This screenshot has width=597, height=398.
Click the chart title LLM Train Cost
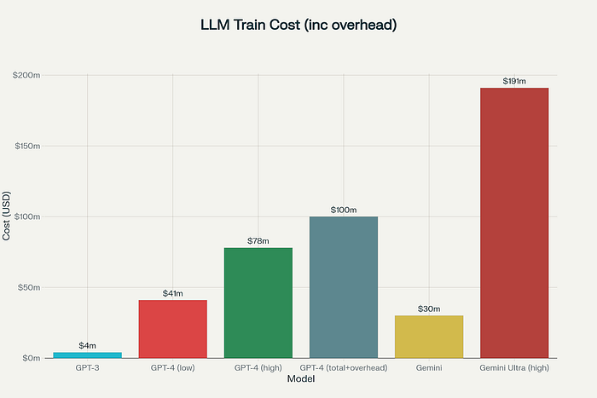(x=298, y=26)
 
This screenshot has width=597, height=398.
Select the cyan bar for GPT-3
(x=87, y=355)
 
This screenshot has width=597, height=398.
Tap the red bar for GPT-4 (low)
(x=172, y=328)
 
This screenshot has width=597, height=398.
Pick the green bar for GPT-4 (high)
(x=258, y=303)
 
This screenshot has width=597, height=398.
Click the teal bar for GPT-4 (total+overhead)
(x=343, y=286)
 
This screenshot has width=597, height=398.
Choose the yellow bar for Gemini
(x=428, y=336)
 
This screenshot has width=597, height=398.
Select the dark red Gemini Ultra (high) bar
(x=513, y=222)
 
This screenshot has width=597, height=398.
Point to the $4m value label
(x=87, y=345)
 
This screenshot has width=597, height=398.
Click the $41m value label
(x=172, y=293)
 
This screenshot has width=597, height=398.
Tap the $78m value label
(x=258, y=241)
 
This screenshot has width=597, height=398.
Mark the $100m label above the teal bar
(x=343, y=210)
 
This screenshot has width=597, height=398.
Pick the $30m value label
(x=428, y=309)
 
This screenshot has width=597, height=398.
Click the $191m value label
(x=513, y=81)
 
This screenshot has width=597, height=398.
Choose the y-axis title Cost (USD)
(x=7, y=216)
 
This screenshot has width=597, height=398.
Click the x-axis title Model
(x=300, y=378)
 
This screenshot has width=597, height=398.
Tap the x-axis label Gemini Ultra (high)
(x=513, y=367)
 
